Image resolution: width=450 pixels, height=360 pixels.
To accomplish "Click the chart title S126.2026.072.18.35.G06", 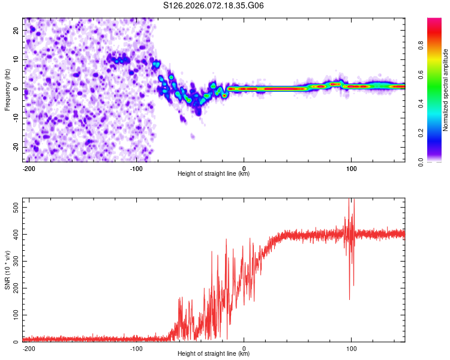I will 214,6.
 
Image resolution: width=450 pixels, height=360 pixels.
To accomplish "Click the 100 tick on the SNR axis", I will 16,315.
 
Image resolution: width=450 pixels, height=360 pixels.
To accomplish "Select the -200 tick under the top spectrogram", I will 29,168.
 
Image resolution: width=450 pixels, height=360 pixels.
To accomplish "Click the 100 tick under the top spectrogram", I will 351,168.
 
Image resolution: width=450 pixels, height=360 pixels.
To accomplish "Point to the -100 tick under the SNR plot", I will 136,348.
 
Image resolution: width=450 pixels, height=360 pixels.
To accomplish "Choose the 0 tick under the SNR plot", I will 244,348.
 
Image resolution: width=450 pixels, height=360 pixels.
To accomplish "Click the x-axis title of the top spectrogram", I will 214,174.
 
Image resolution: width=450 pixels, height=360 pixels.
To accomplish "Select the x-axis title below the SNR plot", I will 214,354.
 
